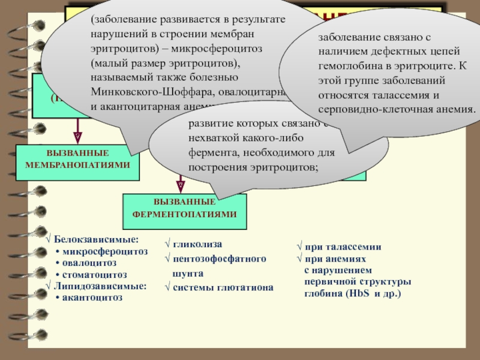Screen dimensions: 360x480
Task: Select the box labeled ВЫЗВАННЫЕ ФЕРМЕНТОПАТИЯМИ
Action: pos(184,208)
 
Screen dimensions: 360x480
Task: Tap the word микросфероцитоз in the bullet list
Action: pos(104,251)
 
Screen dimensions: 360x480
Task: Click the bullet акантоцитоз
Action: pos(92,297)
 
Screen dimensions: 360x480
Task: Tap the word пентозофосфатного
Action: pos(219,259)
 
